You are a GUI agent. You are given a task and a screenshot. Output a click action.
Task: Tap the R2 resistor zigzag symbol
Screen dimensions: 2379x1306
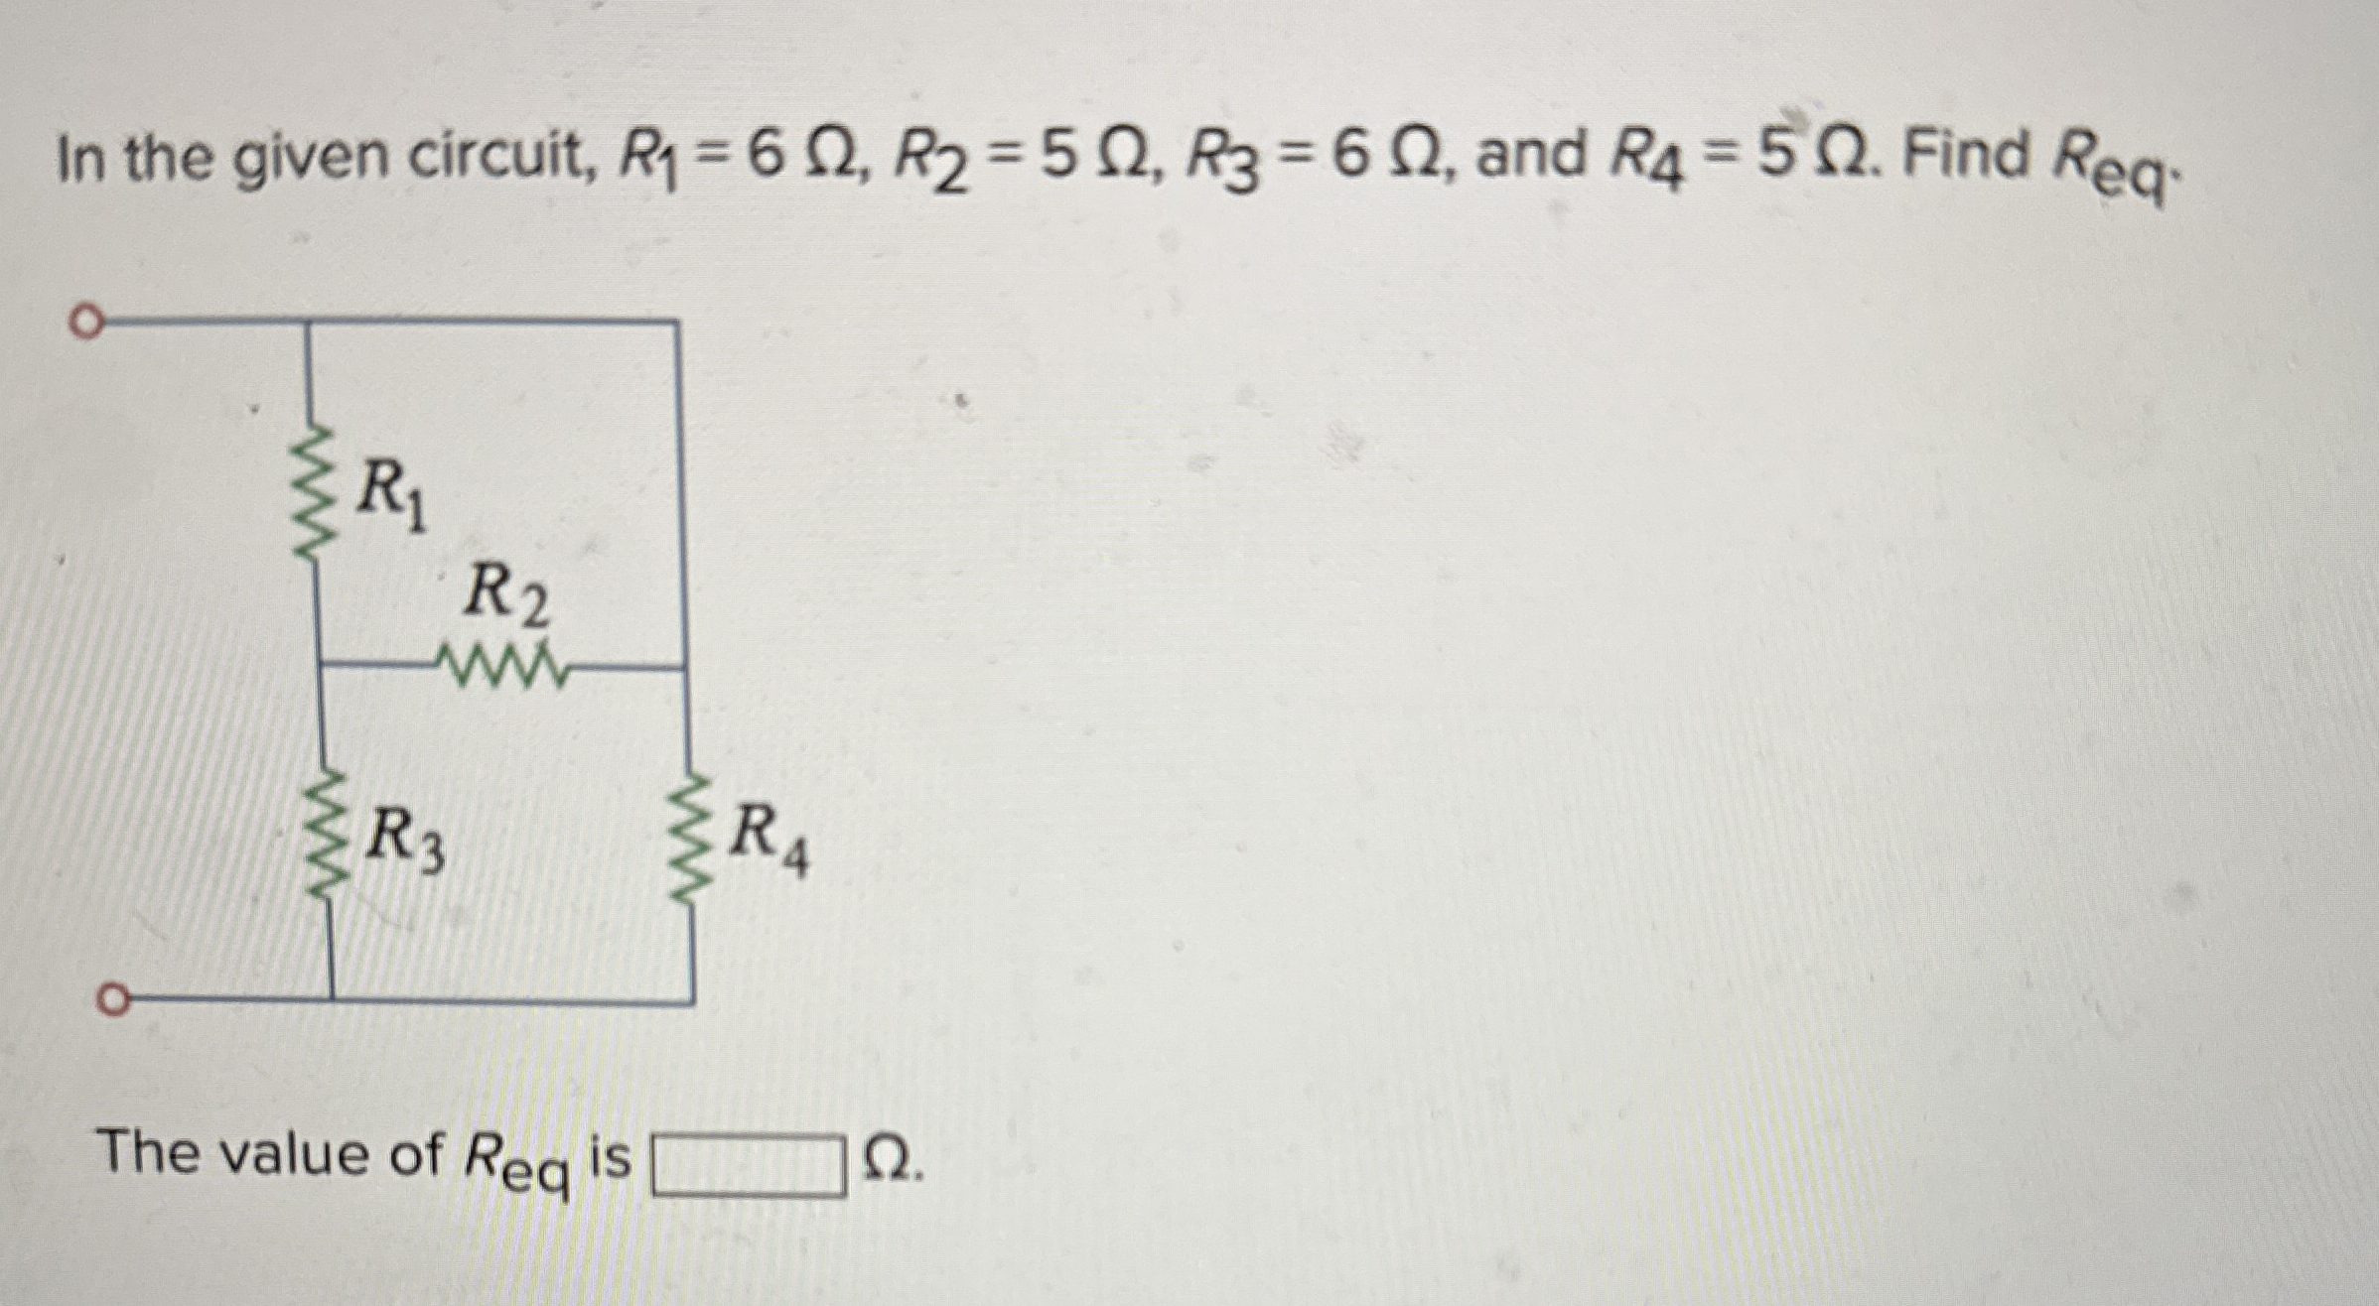click(506, 668)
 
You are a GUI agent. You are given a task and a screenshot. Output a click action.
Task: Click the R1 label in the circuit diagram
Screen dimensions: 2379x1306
click(392, 495)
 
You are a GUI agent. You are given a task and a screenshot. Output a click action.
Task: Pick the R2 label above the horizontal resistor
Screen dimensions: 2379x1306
click(506, 595)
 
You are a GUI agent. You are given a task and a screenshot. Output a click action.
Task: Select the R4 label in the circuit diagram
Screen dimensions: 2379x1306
click(770, 838)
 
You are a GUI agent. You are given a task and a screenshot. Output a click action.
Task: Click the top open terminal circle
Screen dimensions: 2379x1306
click(86, 323)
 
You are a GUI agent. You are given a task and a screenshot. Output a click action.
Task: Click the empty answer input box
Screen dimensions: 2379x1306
click(748, 1168)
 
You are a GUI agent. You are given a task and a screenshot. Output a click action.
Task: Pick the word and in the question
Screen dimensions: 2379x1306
click(1530, 159)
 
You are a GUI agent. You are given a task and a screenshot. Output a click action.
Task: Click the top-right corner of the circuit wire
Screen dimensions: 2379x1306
click(678, 322)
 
